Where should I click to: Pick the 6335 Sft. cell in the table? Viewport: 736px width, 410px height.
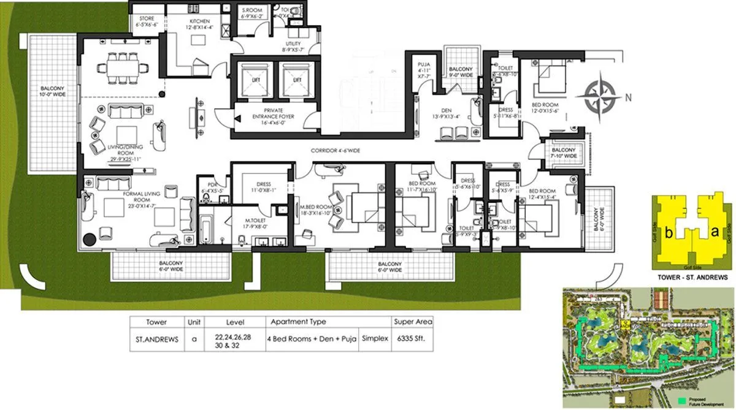tap(413, 338)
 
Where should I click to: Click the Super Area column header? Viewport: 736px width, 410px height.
tap(413, 321)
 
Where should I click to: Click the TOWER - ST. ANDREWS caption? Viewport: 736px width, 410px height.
tap(693, 276)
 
